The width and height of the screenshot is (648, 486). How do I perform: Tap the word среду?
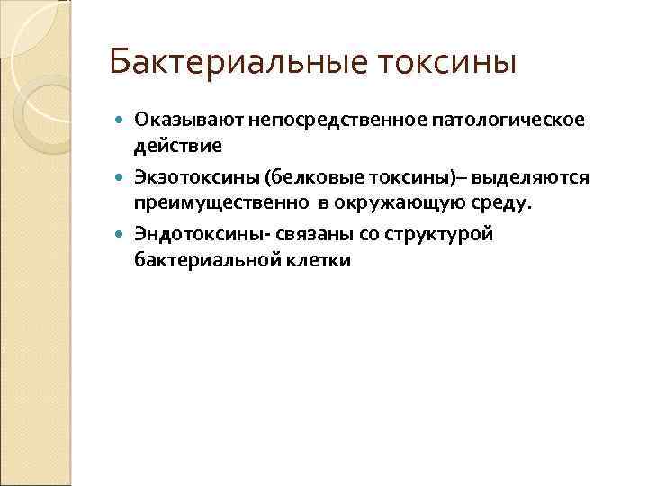tap(499, 202)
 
